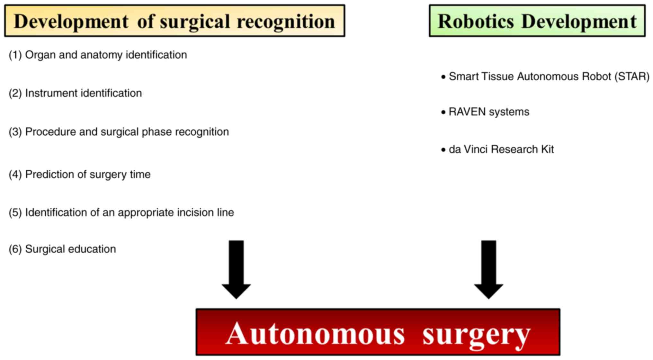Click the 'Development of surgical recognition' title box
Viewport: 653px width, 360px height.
(x=174, y=21)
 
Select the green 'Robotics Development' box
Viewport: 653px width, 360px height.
(x=537, y=21)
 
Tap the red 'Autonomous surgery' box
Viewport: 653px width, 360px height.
(x=378, y=332)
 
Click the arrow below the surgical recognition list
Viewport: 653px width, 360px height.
(x=236, y=269)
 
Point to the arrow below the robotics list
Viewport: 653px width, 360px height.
(x=488, y=269)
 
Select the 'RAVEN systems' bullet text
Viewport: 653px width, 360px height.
(x=489, y=112)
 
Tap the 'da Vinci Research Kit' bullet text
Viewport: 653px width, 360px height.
(x=501, y=149)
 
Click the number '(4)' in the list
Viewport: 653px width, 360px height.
(x=15, y=174)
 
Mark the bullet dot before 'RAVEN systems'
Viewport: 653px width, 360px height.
(x=443, y=112)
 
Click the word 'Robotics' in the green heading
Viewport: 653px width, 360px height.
(x=476, y=21)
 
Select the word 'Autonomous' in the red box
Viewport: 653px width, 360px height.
(x=315, y=334)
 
